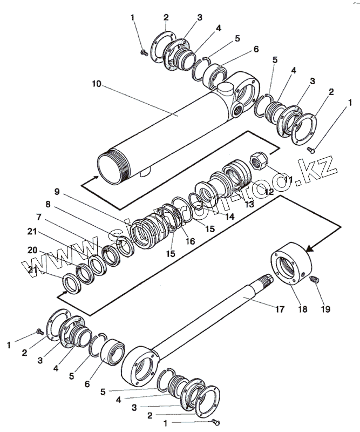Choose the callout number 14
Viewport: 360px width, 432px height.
(x=229, y=217)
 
